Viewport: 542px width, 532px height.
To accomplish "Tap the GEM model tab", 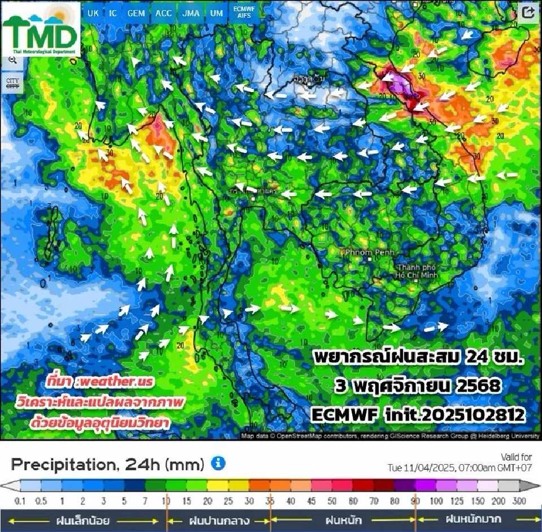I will point(136,13).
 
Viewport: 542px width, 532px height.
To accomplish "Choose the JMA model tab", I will point(191,13).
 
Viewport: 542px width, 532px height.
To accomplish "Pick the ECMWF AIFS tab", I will point(244,13).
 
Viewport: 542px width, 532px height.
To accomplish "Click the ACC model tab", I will point(164,13).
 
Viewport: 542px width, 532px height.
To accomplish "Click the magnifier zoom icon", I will point(12,60).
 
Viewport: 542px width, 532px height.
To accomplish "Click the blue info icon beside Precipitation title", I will point(218,464).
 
